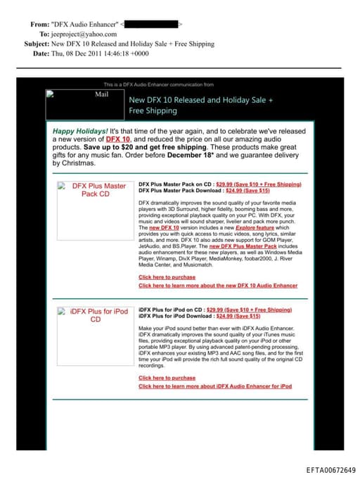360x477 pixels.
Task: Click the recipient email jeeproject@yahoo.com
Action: click(x=82, y=34)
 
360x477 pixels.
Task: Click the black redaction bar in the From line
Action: click(x=151, y=24)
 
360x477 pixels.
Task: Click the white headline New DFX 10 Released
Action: click(x=200, y=101)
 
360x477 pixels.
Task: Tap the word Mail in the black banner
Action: click(x=101, y=94)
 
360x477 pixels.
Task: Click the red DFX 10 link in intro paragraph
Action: click(x=117, y=139)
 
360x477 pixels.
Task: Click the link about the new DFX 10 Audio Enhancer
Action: click(x=218, y=286)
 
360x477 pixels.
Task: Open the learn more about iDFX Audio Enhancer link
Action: click(x=215, y=386)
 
